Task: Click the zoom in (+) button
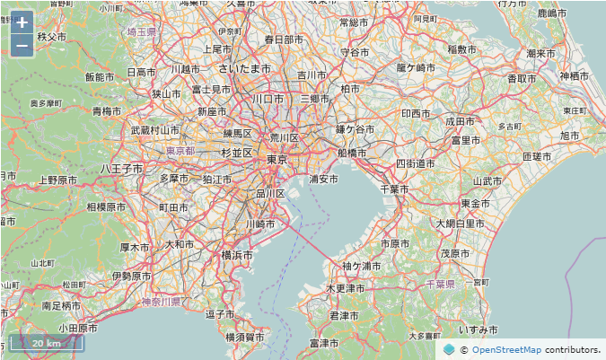22,22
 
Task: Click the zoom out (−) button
22,44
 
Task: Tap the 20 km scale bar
46,343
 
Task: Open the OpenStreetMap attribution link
506,349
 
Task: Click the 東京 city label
277,159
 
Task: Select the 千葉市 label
394,189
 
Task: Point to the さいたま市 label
244,68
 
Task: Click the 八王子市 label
121,168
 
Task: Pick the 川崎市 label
265,223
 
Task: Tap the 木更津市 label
345,289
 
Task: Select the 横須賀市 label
244,337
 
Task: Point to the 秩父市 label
52,37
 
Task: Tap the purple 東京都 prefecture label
180,152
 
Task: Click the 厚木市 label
135,247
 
